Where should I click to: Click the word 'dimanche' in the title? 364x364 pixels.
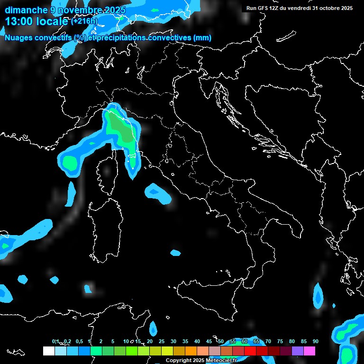point(26,10)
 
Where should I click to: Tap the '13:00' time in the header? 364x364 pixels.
point(18,21)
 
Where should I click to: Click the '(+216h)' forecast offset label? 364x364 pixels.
point(84,21)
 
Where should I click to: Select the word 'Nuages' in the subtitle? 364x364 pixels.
point(18,38)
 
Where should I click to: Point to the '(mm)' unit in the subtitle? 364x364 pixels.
point(202,38)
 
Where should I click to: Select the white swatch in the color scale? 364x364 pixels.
point(48,351)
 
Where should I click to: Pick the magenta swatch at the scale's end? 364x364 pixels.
point(309,351)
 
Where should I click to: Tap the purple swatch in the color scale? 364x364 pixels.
point(298,351)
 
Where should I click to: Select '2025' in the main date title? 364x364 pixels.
point(109,10)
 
